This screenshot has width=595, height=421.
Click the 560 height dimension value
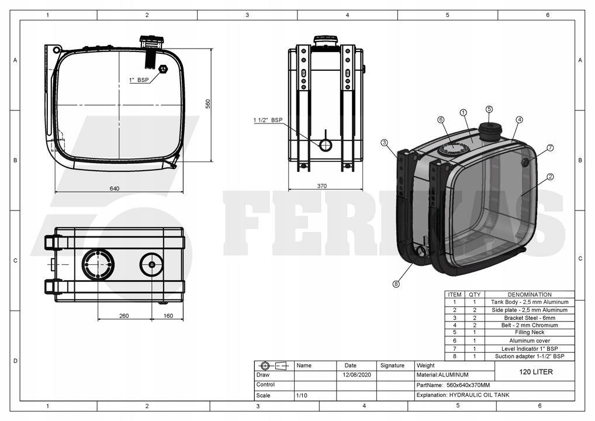point(208,103)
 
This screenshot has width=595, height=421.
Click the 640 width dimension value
point(114,189)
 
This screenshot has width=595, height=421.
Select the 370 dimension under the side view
point(322,186)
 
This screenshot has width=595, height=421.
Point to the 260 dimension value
point(124,316)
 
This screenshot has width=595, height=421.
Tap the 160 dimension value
point(168,316)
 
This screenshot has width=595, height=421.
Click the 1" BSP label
point(139,80)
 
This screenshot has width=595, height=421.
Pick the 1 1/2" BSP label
point(268,120)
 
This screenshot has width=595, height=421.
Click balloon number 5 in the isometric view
point(489,109)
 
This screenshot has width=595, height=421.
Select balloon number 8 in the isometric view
point(396,284)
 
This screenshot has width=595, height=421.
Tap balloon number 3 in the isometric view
point(385,143)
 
